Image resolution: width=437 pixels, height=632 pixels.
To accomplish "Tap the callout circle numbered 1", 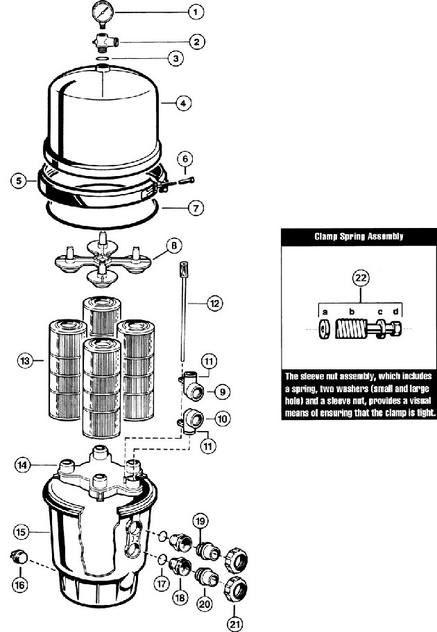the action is pos(196,12).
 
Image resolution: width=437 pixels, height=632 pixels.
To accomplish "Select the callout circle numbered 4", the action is pos(183,103).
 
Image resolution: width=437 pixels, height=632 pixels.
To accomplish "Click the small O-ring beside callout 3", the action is pos(103,59).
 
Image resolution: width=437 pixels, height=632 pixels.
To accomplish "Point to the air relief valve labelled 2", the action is pos(105,43).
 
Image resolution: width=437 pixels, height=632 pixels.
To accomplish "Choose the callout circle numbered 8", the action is pos(174,246).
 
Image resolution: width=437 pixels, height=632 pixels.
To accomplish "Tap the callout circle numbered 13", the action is pos(25,360).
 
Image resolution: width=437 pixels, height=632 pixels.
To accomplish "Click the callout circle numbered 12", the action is pos(214,303).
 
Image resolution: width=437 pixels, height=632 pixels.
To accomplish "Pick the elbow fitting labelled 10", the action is pos(191,421).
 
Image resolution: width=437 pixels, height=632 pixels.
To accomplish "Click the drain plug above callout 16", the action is pos(18,558).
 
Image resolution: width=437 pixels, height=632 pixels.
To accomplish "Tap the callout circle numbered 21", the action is pos(235,624).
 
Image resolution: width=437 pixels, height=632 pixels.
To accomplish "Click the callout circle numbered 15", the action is pos(22,532).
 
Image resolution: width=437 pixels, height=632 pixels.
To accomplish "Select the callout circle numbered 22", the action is pos(361,277).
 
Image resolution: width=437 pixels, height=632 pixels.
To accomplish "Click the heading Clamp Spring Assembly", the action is pos(359,236).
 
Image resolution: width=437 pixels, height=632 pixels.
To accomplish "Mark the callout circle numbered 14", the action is pos(22,465).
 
